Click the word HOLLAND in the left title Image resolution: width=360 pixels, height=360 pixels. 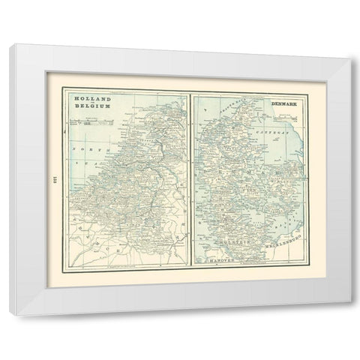[x=87, y=98]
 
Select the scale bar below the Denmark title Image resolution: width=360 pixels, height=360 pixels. [x=283, y=116]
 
